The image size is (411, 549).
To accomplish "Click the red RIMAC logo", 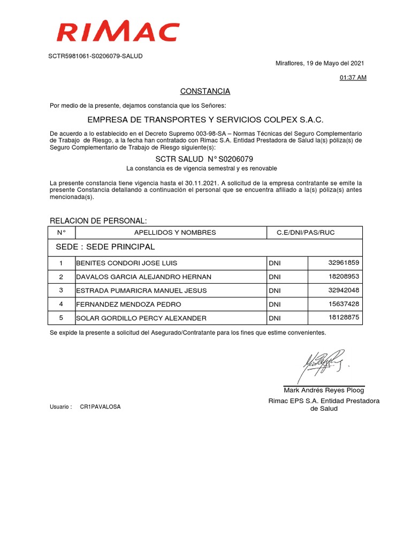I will point(118,32).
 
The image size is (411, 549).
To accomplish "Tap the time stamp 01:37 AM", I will point(353,78).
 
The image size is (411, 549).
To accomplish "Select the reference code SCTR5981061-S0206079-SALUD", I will point(96,56).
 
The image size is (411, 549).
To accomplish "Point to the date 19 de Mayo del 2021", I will point(335,63).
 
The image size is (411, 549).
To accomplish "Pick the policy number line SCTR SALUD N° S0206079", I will point(204,159).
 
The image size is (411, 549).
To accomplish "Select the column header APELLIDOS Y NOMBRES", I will point(171,233).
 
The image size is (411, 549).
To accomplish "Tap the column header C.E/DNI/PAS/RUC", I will point(306,233).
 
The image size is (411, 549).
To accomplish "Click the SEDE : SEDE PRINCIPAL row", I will point(105,247).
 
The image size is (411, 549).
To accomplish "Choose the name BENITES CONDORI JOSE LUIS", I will point(127,263).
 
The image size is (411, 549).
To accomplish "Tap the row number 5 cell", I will point(61,318).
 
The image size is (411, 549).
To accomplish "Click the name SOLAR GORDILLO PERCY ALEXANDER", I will point(141,318).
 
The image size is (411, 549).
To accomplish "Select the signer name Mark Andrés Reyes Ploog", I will point(324,390).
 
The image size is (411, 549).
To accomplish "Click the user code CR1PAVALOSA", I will point(100,407).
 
